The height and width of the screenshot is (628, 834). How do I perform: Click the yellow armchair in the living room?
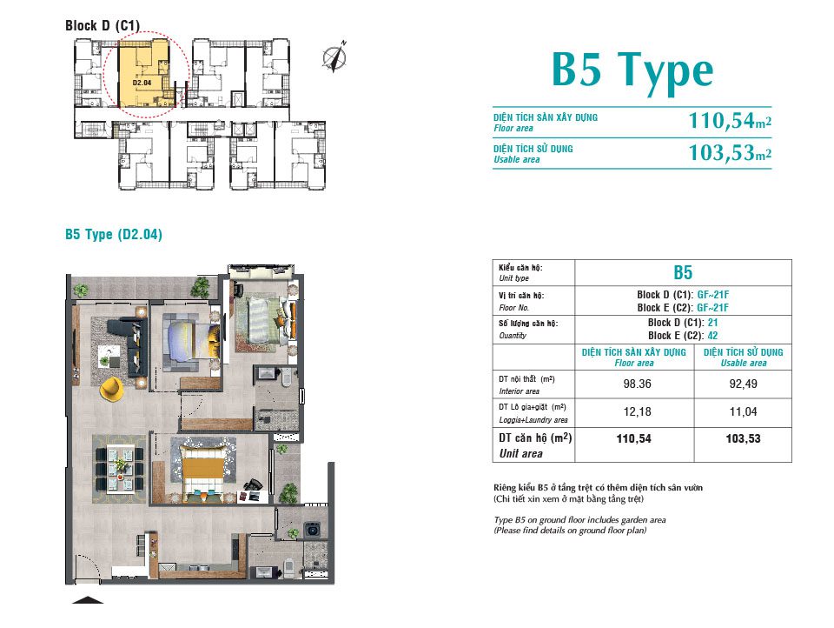click(112, 389)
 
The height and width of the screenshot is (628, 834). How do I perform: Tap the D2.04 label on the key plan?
click(142, 83)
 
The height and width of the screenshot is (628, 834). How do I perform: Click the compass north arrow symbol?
click(334, 57)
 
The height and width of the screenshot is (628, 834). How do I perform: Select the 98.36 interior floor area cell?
click(637, 384)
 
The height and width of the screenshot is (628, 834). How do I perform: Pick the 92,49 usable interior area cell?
click(743, 384)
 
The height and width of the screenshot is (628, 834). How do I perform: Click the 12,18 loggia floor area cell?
click(637, 411)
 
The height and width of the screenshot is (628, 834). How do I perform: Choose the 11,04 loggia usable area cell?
click(743, 411)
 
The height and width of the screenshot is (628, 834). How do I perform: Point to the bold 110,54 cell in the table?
click(633, 439)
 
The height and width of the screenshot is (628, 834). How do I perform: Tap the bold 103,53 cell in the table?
click(743, 439)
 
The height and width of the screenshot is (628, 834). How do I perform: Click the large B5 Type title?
click(632, 70)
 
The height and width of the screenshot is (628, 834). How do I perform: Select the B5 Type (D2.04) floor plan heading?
click(114, 234)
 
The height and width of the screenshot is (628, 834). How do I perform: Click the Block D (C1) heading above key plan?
click(103, 25)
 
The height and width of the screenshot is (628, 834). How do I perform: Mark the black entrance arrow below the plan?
click(88, 600)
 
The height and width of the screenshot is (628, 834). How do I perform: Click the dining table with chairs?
click(119, 469)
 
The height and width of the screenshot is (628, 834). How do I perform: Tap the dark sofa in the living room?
click(129, 347)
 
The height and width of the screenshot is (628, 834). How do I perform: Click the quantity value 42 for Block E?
click(712, 336)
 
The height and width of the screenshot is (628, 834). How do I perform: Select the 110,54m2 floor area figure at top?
click(730, 121)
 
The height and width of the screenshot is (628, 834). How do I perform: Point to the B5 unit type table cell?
click(683, 273)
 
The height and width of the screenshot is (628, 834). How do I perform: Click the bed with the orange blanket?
click(202, 468)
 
